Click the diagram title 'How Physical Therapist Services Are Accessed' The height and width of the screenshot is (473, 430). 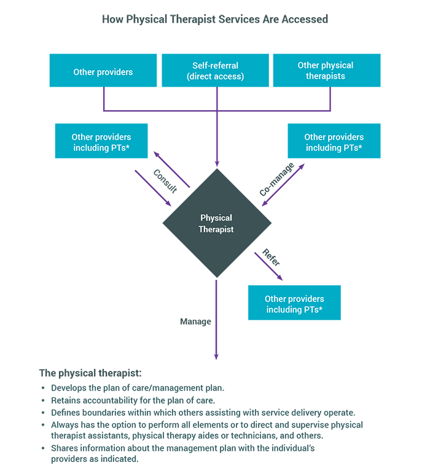pos(215,19)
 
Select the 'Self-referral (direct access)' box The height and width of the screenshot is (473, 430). pos(215,70)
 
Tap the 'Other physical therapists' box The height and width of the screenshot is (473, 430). pos(327,70)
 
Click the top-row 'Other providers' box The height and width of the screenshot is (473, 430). pos(103,70)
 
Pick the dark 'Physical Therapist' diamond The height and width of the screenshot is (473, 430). pos(217,223)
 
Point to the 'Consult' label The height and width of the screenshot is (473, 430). pos(165,181)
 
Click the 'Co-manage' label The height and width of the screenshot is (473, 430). pos(276,179)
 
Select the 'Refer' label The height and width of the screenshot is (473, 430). pos(271,257)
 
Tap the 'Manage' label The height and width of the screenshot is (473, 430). pos(195,322)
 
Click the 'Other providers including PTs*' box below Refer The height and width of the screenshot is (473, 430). pos(294,303)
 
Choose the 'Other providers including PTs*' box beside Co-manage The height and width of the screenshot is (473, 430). pos(334,141)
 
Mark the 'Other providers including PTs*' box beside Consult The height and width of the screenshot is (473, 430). pos(101,141)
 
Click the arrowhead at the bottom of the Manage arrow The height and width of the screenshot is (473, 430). pos(216,356)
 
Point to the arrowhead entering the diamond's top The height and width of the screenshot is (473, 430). pos(217,163)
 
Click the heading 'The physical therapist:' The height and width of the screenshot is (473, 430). pos(90,373)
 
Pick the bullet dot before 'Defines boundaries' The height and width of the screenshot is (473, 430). pos(43,413)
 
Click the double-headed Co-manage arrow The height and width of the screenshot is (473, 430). pos(283,185)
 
